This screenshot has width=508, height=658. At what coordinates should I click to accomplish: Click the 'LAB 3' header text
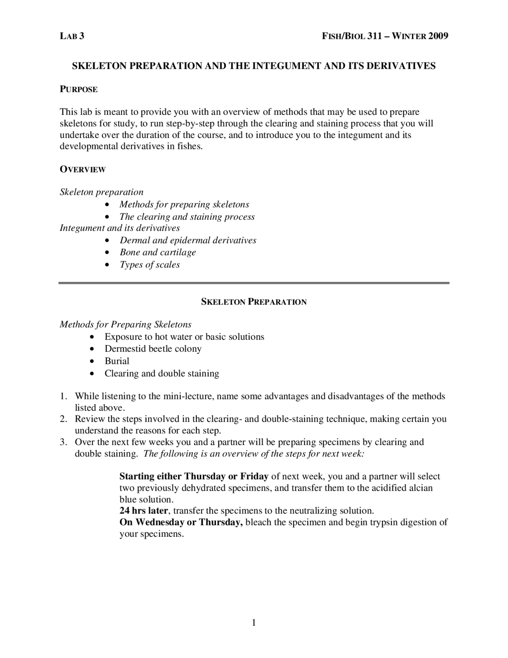click(72, 36)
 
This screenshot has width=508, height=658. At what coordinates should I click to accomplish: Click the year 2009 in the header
click(438, 36)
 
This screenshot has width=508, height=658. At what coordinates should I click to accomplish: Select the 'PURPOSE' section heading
click(79, 89)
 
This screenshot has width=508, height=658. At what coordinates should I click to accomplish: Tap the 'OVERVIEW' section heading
click(83, 170)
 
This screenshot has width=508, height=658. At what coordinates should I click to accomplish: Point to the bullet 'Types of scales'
click(150, 265)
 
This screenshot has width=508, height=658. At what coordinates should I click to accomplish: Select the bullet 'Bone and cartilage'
click(158, 252)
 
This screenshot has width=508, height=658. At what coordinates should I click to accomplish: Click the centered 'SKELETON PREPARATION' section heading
click(254, 302)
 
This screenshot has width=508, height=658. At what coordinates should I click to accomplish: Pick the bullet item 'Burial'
click(117, 361)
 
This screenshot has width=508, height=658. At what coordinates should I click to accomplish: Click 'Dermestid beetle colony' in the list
click(153, 349)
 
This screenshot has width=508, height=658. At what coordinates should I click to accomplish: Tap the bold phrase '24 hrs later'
click(144, 511)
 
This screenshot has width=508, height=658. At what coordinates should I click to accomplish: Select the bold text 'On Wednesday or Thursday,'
click(181, 522)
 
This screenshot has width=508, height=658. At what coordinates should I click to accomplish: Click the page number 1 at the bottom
click(254, 623)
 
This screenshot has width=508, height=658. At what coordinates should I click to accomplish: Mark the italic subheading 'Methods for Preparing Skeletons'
click(125, 325)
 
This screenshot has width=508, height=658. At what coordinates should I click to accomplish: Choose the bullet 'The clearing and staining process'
click(187, 217)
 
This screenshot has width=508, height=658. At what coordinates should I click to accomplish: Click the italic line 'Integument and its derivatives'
click(119, 228)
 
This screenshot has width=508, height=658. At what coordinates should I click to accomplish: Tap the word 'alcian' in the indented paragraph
click(420, 488)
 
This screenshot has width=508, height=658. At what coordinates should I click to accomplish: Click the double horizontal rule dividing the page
click(254, 283)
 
